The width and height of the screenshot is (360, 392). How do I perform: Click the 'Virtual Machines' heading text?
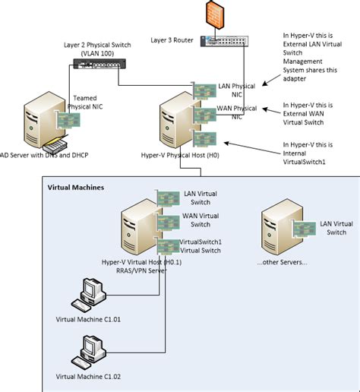pyautogui.click(x=76, y=187)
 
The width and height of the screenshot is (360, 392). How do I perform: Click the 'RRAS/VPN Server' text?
pyautogui.click(x=140, y=270)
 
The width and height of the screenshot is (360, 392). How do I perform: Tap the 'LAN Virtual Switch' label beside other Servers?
pyautogui.click(x=336, y=227)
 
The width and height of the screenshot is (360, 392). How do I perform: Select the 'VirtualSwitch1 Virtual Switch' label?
pyautogui.click(x=201, y=246)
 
